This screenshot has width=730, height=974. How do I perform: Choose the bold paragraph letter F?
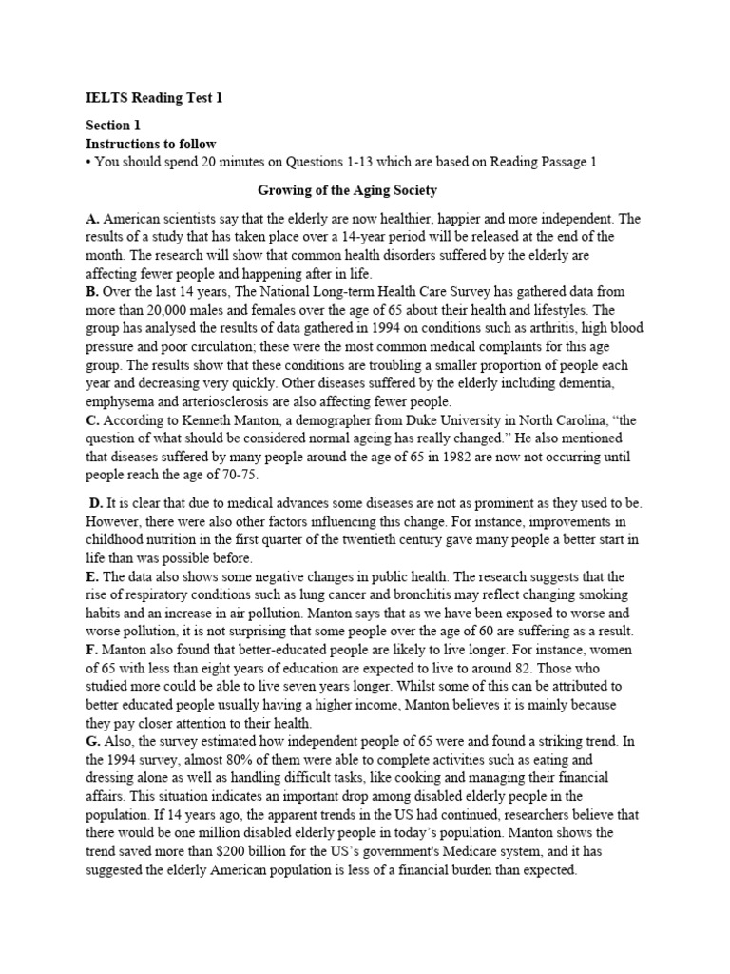(x=91, y=649)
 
